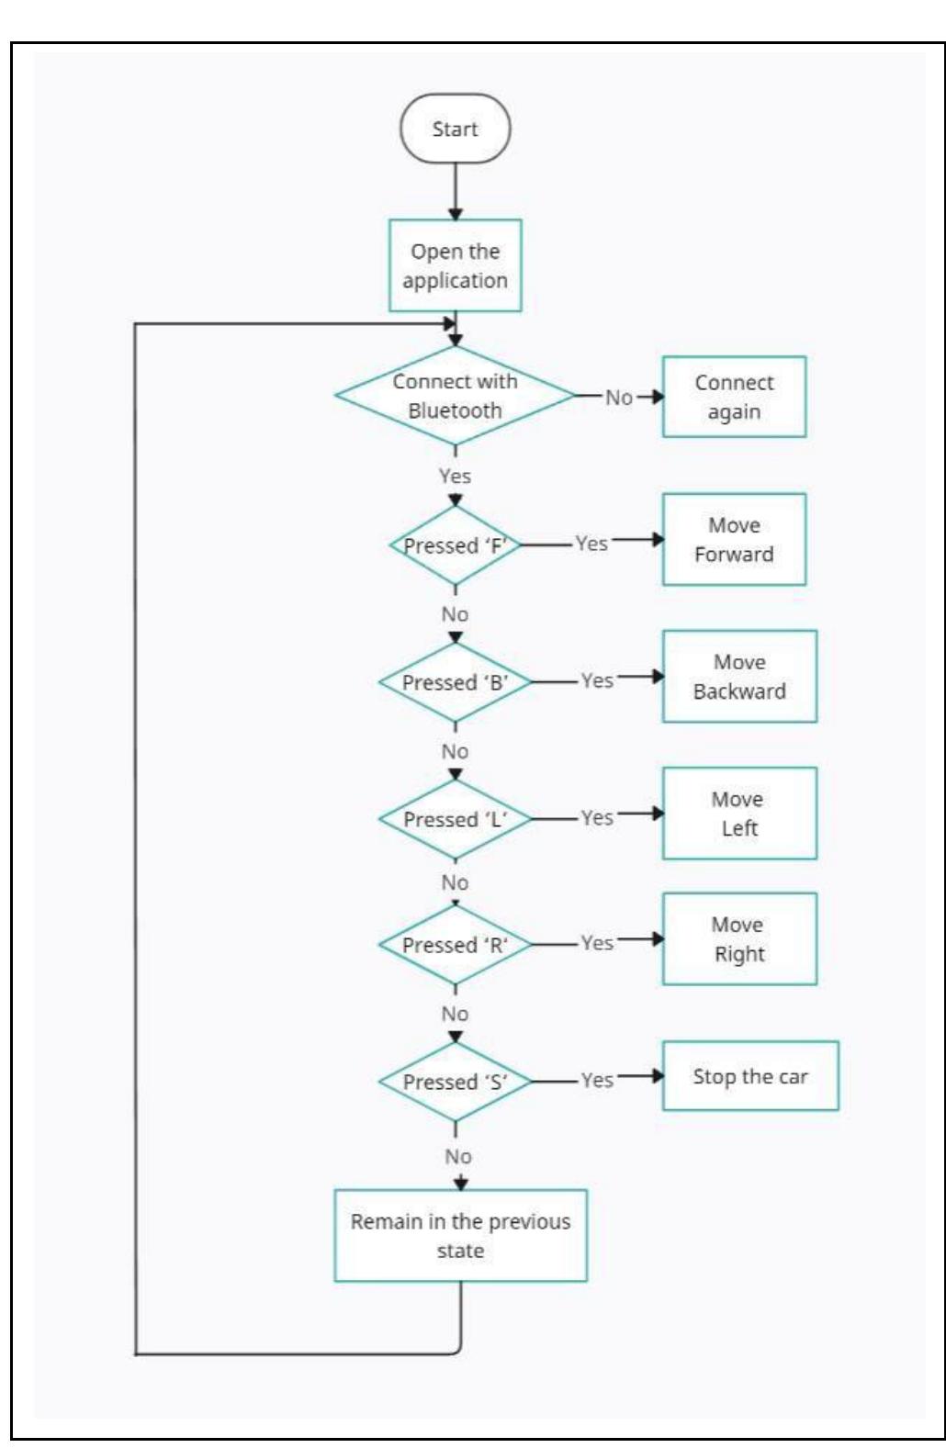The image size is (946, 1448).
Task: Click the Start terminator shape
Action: pos(455,129)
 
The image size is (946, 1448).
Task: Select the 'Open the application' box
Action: pos(455,265)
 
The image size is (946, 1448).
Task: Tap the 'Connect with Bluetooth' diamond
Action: pos(455,396)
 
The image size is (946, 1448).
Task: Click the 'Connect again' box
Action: pos(734,397)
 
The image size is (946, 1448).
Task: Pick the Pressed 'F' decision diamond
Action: pos(455,545)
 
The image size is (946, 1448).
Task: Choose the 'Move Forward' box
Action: pos(734,540)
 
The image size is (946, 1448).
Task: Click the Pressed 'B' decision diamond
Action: pos(455,682)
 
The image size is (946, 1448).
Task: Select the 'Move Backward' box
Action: pos(739,677)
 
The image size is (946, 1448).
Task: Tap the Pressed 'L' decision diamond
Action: pos(455,819)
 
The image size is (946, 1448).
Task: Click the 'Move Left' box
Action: pos(739,814)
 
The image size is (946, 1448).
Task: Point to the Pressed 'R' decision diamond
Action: pos(455,945)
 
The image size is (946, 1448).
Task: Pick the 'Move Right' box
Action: pos(739,939)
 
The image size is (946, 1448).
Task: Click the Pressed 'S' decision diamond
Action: pos(455,1082)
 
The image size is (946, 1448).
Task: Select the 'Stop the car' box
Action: pos(750,1076)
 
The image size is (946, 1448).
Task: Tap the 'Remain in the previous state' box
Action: pos(460,1236)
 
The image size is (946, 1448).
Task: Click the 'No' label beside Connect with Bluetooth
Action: pos(619,398)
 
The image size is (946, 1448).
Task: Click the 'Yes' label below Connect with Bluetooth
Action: pos(455,476)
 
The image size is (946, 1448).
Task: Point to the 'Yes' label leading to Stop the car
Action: pos(597,1080)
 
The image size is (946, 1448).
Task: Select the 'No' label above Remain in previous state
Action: pos(457,1156)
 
